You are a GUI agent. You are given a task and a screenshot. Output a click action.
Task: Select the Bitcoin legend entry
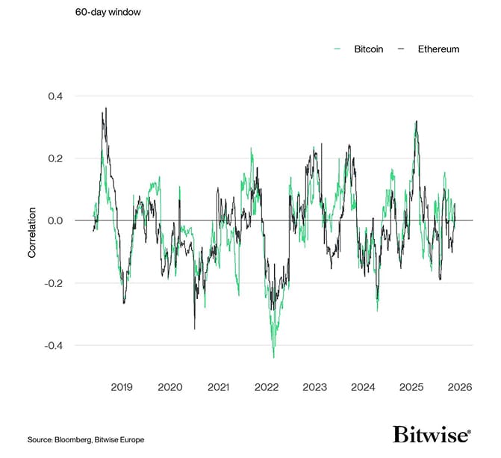(362, 49)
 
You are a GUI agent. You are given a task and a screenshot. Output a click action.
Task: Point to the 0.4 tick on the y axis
(56, 96)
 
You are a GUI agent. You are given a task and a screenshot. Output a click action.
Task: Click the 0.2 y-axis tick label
(56, 158)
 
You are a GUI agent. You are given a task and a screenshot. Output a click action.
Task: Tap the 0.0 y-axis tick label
(56, 220)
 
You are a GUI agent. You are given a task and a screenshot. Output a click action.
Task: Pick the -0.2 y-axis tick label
(55, 283)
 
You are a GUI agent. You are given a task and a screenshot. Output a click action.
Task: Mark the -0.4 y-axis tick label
(55, 345)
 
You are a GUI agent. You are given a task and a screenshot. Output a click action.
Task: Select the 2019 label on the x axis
(122, 387)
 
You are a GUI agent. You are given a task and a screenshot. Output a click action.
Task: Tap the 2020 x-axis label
(170, 387)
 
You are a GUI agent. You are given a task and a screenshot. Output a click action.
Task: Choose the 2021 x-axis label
(218, 387)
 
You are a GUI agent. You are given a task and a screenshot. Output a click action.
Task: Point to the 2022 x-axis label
(267, 387)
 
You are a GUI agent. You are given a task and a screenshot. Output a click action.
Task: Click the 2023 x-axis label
(314, 387)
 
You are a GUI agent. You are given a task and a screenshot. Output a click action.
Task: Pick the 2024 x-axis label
(363, 387)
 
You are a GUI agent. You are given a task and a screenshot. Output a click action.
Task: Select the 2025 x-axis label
(411, 387)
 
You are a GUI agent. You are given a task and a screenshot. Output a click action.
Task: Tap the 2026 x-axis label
(459, 387)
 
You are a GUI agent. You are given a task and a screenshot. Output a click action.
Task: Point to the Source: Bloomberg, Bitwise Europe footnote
(86, 439)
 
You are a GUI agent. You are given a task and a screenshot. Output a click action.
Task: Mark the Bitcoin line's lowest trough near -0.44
(273, 357)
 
